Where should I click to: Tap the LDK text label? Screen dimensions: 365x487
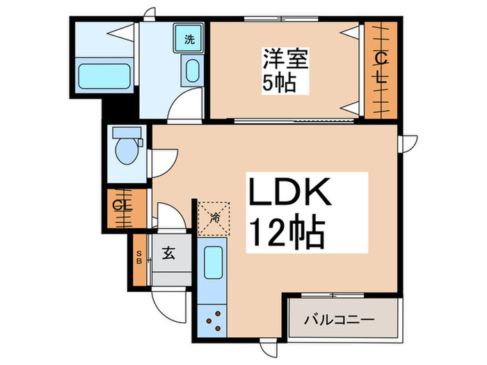click(x=289, y=195)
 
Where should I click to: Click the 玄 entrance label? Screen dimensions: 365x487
click(x=169, y=254)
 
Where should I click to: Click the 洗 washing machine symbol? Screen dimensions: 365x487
click(x=189, y=39)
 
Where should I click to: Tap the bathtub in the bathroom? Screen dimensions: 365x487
click(x=105, y=74)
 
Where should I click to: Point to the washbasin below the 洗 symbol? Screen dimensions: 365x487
click(x=192, y=70)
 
